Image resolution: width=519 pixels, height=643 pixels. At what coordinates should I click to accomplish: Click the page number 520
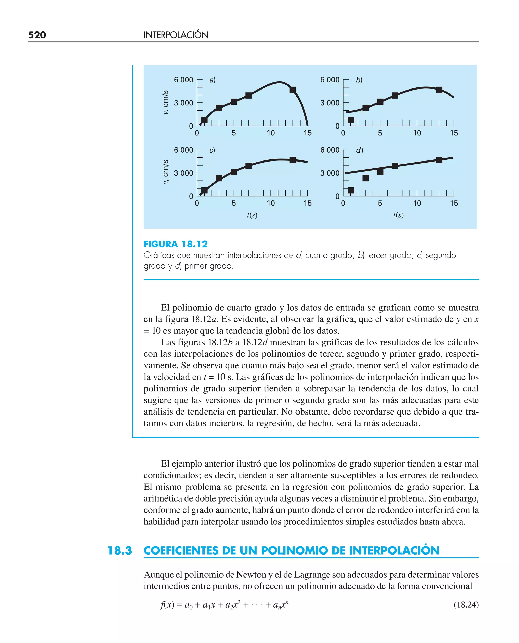point(37,35)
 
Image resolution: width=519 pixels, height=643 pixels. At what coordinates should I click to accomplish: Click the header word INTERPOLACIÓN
point(176,35)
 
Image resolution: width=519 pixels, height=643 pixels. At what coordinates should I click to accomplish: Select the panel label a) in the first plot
point(212,80)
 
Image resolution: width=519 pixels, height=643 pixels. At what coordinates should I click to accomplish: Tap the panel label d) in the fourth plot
point(359,150)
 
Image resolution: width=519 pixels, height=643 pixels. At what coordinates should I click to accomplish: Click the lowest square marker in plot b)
point(351,120)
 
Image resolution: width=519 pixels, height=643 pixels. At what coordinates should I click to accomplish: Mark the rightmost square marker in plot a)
point(293,90)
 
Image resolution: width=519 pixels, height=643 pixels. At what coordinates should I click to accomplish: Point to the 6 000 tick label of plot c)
point(183,150)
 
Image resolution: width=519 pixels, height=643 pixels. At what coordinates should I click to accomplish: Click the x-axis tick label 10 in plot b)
point(417,133)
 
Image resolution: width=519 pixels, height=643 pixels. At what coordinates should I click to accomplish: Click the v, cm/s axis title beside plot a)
point(166,102)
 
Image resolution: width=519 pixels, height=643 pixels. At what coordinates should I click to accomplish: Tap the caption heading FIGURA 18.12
point(175,244)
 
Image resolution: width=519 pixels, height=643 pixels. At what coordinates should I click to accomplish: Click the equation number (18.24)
point(466,605)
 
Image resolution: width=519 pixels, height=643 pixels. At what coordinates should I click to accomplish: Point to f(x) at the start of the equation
point(167,605)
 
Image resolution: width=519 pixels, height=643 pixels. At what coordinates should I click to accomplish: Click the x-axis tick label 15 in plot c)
point(307,203)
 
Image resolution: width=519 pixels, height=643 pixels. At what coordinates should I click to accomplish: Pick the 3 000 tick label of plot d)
point(330,173)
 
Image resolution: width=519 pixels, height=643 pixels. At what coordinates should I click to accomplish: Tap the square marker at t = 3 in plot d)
point(365,178)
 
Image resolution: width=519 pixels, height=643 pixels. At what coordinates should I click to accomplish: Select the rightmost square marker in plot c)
point(293,160)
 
